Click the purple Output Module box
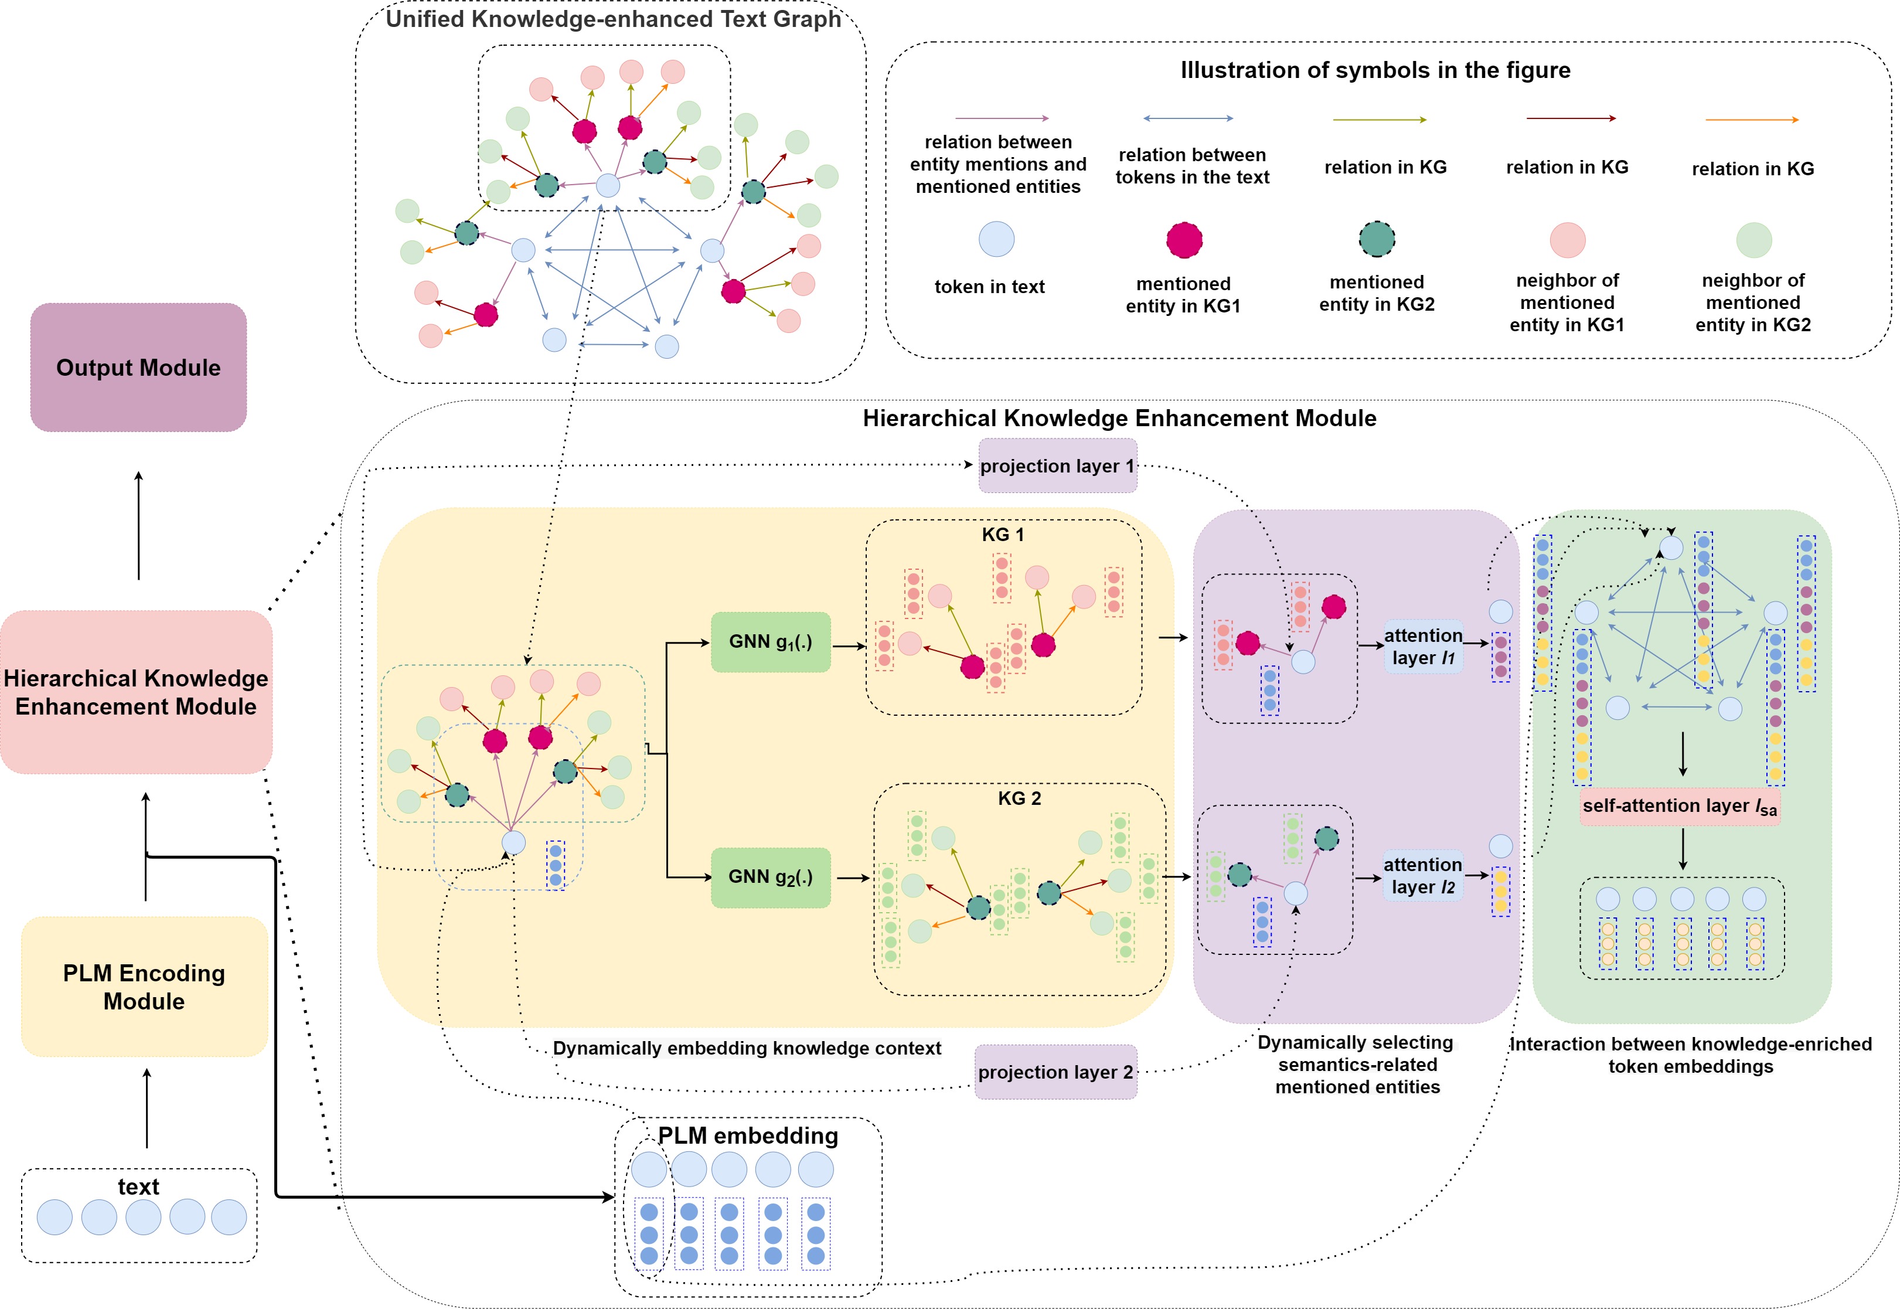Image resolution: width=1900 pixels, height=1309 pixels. click(138, 368)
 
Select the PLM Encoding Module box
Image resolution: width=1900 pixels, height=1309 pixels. click(144, 986)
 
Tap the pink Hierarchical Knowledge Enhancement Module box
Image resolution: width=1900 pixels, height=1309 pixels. click(136, 692)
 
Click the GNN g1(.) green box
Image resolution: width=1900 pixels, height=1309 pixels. click(770, 642)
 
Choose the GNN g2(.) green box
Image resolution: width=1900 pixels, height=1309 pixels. click(770, 877)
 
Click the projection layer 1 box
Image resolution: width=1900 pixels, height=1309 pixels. click(1057, 466)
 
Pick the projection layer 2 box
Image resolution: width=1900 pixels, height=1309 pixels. click(1055, 1072)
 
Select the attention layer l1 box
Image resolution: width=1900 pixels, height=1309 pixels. click(1423, 647)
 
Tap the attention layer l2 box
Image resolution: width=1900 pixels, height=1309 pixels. click(1423, 875)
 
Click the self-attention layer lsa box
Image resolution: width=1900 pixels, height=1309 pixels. click(1680, 806)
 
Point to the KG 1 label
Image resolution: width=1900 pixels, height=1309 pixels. click(1002, 535)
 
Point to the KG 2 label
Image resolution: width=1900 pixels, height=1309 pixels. click(1019, 798)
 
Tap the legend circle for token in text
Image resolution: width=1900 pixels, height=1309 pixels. click(996, 240)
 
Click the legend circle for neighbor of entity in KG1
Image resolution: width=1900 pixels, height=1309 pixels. click(1567, 240)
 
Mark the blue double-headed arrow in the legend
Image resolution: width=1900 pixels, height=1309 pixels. click(1188, 119)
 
